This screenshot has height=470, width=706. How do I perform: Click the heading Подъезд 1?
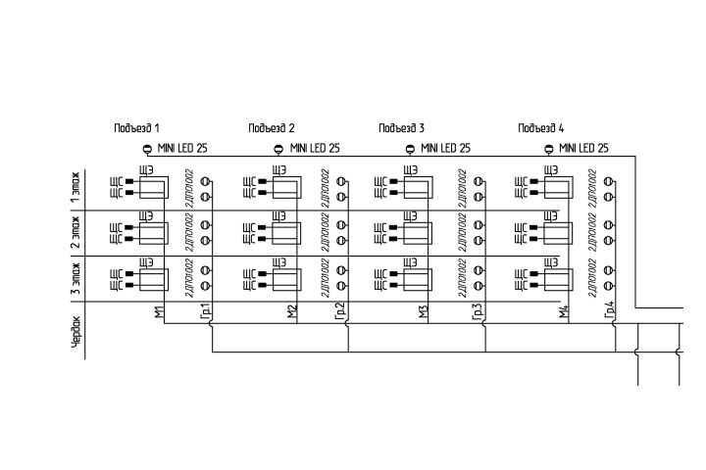pos(136,128)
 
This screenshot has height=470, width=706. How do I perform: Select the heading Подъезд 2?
pos(272,128)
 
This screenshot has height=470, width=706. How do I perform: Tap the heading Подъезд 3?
pos(402,128)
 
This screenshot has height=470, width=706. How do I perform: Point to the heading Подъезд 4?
pos(541,128)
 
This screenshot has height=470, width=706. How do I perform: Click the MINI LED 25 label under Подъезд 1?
pos(182,149)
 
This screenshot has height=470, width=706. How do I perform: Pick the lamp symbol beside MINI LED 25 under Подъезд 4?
pos(549,149)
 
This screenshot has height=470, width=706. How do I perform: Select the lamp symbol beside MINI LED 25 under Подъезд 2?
pos(277,149)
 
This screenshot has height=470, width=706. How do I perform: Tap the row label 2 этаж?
pos(76,233)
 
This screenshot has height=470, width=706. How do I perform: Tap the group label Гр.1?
pos(205,311)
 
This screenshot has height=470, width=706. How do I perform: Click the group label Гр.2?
pos(339,311)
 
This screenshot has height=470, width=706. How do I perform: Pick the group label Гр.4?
pos(610,311)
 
